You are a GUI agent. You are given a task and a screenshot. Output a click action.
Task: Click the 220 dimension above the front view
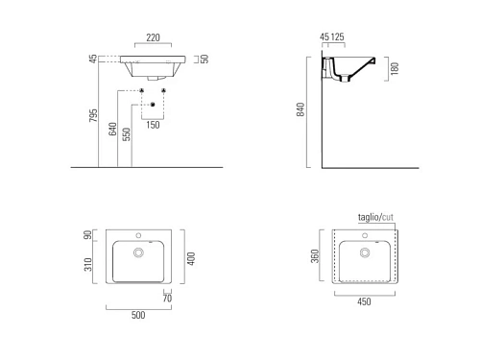click(153, 37)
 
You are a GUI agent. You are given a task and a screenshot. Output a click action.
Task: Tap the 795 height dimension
click(93, 115)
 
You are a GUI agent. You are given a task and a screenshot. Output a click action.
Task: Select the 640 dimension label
click(112, 129)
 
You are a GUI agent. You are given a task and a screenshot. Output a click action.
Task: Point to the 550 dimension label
click(127, 134)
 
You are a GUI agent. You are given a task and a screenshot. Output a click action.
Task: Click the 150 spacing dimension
click(153, 125)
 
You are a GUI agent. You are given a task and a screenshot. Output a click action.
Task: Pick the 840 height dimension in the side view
click(300, 109)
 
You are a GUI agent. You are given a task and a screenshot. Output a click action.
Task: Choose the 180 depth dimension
click(395, 68)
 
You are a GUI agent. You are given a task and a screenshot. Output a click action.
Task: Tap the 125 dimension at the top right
click(338, 36)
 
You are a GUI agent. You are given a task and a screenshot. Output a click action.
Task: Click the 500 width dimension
click(138, 315)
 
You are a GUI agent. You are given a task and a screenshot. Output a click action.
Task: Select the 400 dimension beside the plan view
click(191, 258)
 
